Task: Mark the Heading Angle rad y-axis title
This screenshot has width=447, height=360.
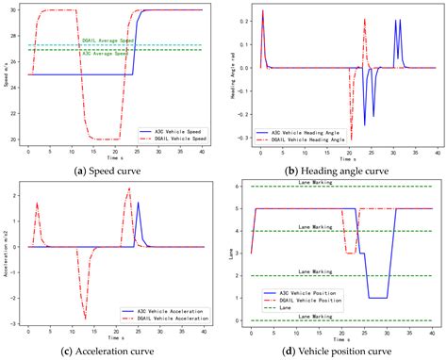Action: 231,75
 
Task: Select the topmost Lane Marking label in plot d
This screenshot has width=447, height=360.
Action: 337,182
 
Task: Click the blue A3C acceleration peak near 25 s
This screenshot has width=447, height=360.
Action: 138,203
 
